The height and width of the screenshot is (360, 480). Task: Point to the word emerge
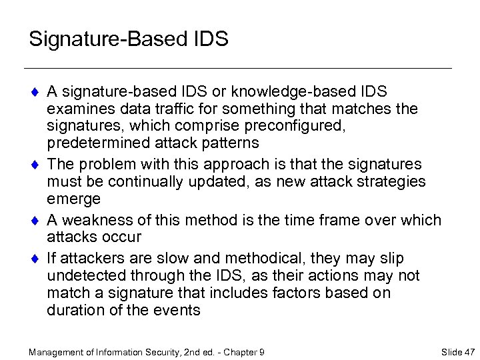click(74, 199)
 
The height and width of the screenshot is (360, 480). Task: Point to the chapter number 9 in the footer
click(262, 351)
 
